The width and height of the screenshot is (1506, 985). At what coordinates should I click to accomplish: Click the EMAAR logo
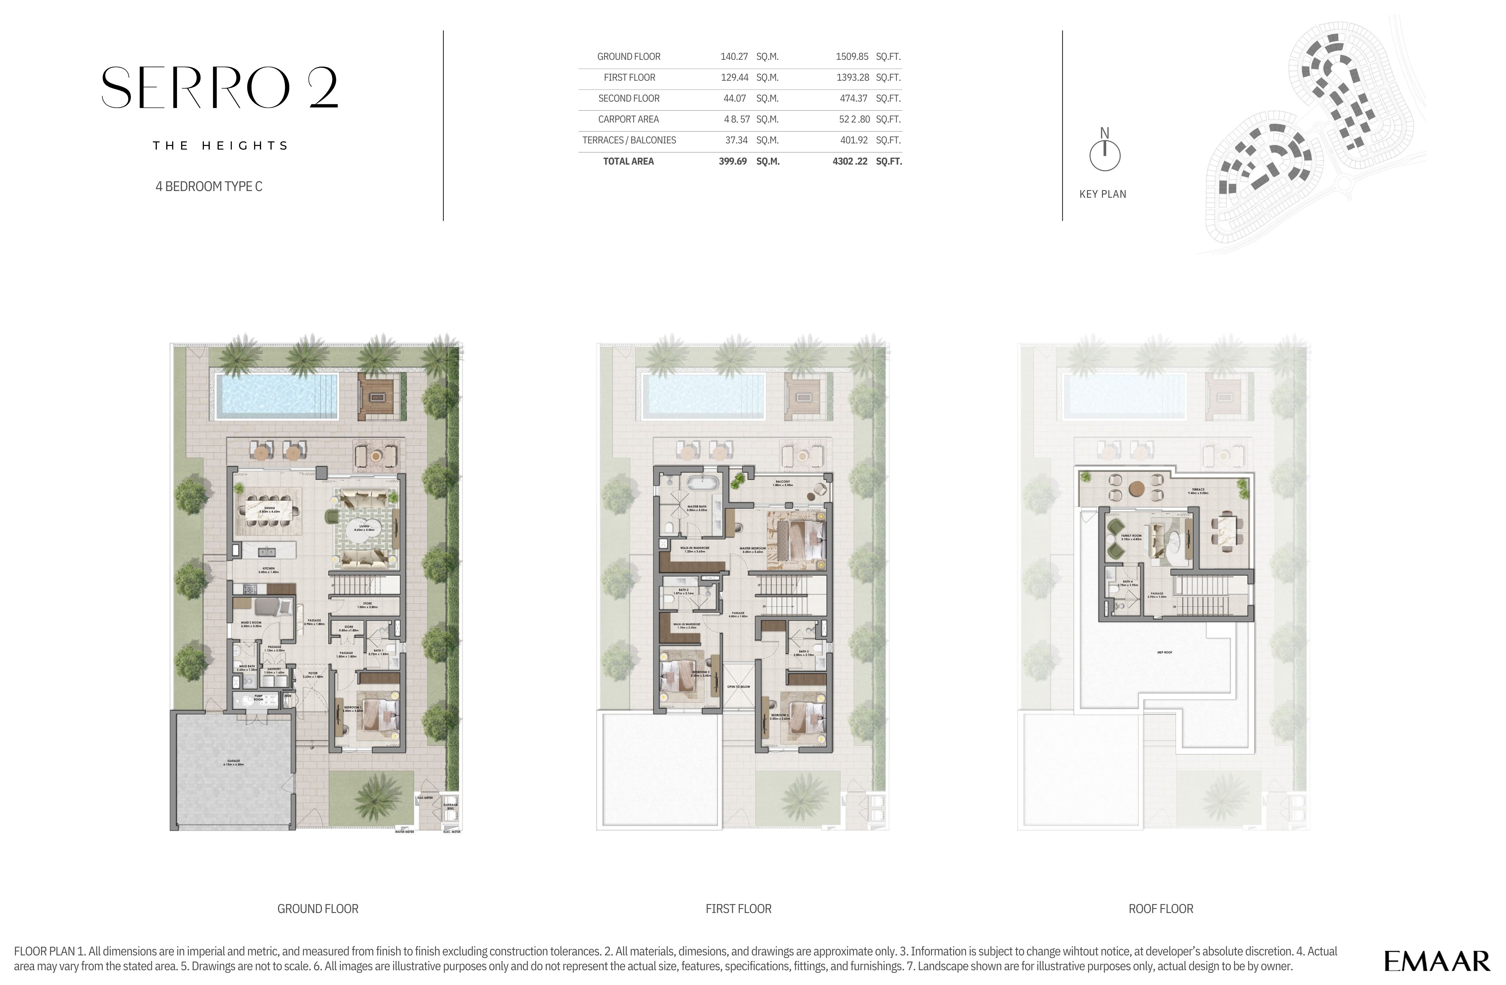[x=1436, y=961]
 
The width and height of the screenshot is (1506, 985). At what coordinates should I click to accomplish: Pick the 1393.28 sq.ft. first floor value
[x=852, y=77]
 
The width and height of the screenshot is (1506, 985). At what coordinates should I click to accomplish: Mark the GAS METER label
[x=425, y=798]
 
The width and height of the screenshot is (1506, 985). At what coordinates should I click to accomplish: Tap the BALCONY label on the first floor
[x=783, y=482]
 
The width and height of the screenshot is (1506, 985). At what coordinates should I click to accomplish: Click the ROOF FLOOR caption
[x=1160, y=908]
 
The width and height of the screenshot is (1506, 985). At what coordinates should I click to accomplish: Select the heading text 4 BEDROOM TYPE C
[x=209, y=186]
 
